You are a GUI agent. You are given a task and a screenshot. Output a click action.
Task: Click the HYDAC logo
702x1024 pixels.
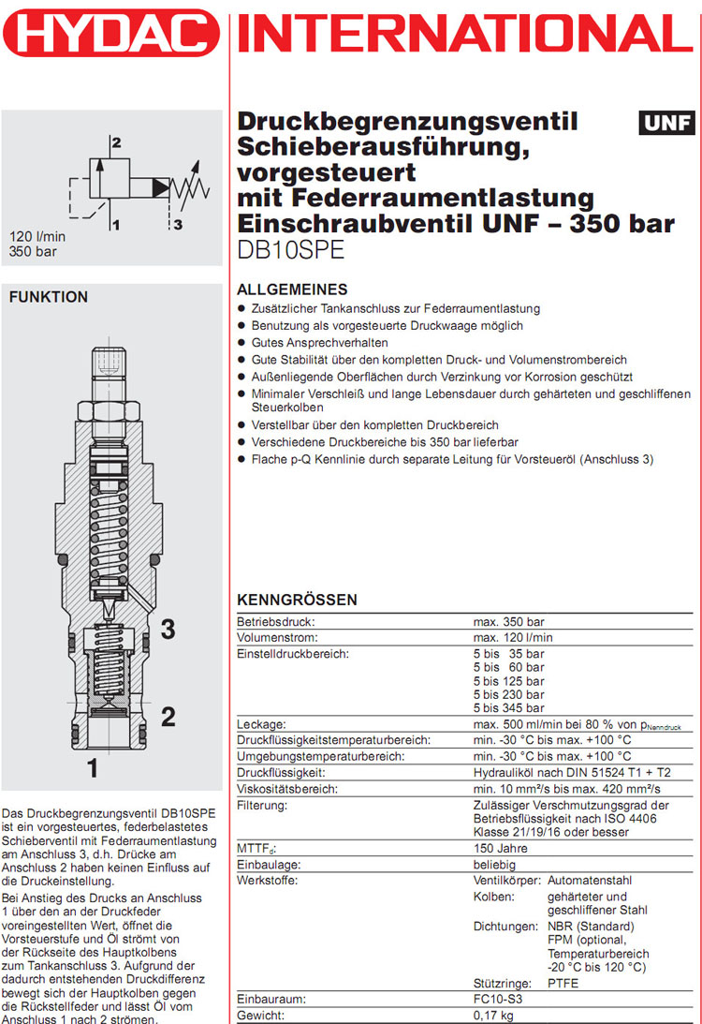[110, 36]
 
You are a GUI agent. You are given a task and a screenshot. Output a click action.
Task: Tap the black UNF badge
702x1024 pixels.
[666, 123]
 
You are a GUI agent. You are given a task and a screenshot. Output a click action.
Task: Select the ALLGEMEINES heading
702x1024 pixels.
[292, 289]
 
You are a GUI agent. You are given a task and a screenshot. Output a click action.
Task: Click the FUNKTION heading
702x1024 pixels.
[48, 297]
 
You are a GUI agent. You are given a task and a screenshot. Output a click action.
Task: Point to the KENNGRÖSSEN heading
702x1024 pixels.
[297, 600]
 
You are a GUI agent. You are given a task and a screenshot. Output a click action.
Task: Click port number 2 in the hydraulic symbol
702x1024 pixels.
[116, 143]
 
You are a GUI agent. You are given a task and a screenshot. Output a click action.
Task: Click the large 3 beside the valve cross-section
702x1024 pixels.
[168, 630]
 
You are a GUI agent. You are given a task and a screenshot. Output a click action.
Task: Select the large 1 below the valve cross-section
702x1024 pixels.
[93, 769]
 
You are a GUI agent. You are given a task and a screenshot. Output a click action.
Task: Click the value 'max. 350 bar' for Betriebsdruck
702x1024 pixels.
[508, 621]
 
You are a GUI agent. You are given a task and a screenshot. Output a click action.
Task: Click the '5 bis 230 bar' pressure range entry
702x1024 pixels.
[508, 695]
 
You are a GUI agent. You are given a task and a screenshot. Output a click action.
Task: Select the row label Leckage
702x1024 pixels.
[261, 724]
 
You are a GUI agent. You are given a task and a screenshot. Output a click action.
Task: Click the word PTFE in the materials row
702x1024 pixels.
[563, 984]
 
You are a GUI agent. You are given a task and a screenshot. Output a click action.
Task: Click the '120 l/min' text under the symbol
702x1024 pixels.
[37, 236]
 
